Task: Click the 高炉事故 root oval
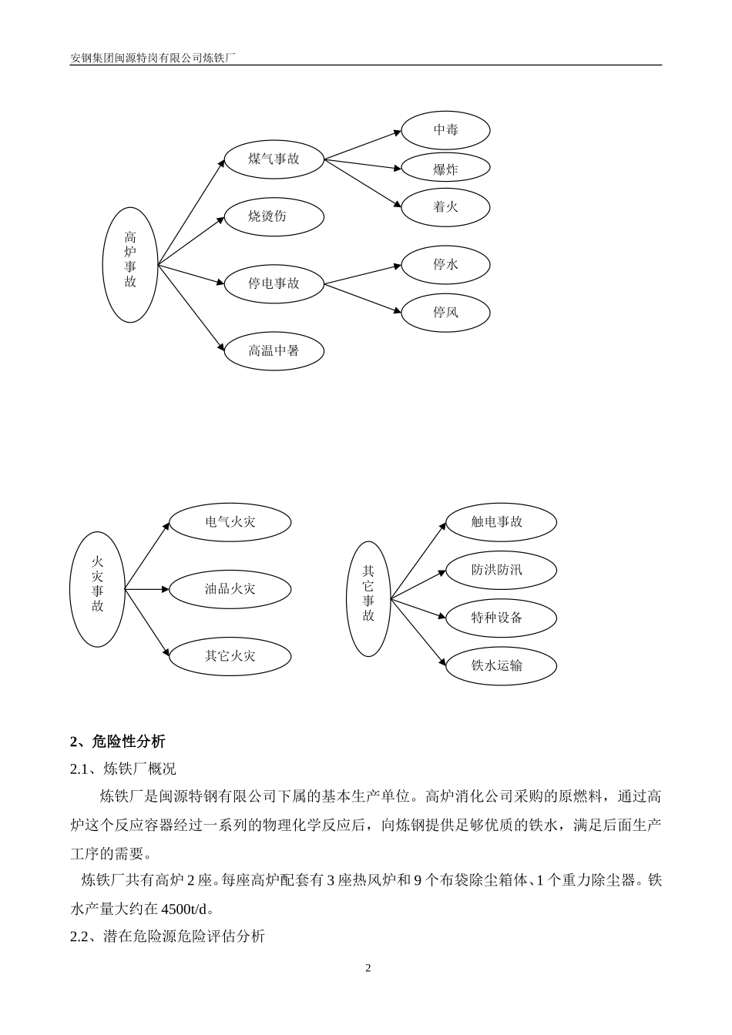[130, 264]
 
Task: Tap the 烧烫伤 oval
[274, 216]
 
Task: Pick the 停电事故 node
[274, 283]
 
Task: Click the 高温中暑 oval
[274, 351]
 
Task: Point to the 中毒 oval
[445, 130]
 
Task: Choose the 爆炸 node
[445, 169]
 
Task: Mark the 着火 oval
[445, 206]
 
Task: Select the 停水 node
[445, 265]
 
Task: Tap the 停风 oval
[445, 313]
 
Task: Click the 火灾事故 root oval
[97, 589]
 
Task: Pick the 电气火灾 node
[230, 522]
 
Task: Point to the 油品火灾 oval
[230, 589]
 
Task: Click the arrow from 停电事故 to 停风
[362, 298]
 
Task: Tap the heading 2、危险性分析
[117, 742]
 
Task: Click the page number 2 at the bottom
[368, 968]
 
